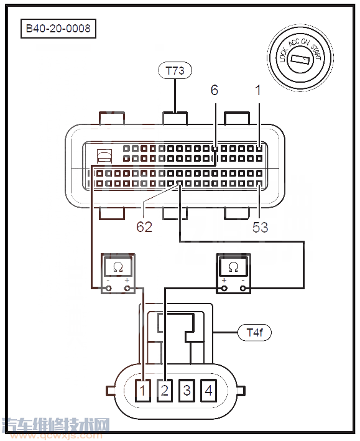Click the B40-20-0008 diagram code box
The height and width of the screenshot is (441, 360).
58,29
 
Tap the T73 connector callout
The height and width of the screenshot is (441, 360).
175,70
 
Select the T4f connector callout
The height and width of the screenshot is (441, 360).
254,333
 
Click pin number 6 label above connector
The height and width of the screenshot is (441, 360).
215,90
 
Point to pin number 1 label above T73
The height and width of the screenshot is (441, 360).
258,90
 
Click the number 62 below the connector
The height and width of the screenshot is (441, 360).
144,226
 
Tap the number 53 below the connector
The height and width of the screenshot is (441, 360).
260,227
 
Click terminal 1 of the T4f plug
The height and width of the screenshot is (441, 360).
143,391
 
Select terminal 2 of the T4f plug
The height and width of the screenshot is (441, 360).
165,391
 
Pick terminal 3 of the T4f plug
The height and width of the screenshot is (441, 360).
187,391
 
